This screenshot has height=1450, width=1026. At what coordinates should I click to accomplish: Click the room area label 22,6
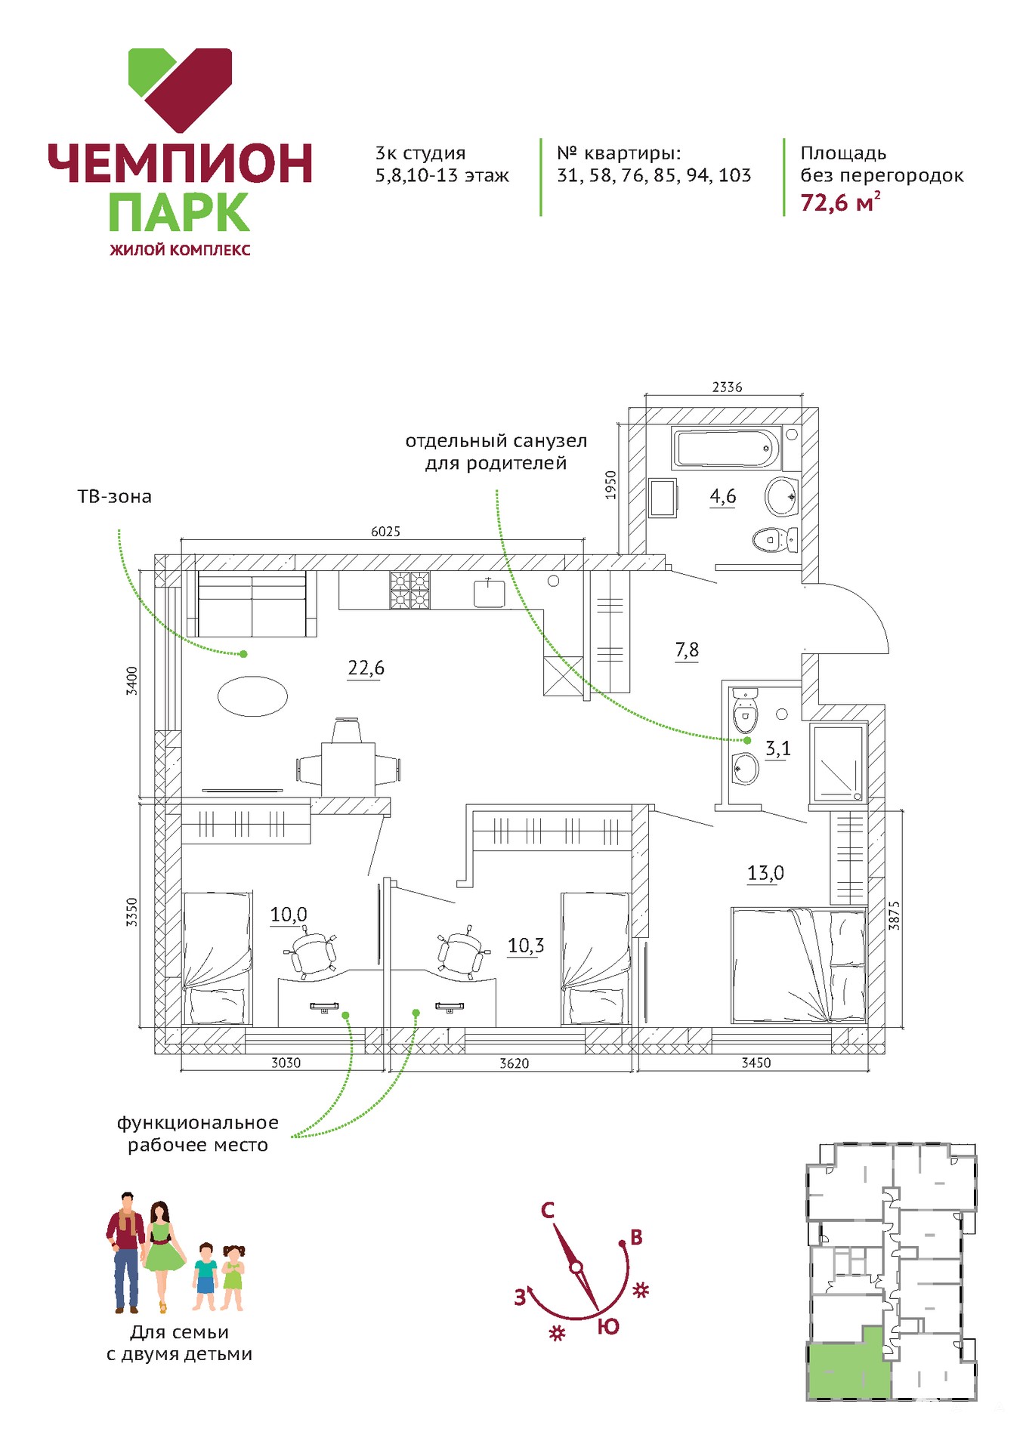[x=366, y=668]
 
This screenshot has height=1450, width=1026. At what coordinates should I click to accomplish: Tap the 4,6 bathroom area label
[x=722, y=496]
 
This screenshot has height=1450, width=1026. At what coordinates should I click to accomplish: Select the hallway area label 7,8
[x=687, y=649]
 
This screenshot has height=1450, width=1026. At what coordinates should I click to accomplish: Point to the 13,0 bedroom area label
[x=765, y=873]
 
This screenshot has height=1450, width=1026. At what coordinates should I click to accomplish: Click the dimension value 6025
[x=385, y=532]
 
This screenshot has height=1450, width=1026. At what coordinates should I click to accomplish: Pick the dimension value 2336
[x=727, y=387]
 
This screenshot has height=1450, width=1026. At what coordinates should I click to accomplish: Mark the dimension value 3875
[x=894, y=915]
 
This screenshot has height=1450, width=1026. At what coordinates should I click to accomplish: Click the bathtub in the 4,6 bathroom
[x=726, y=449]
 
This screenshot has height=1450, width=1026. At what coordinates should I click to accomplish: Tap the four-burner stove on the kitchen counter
[x=409, y=590]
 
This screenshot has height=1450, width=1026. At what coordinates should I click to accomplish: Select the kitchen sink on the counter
[x=490, y=593]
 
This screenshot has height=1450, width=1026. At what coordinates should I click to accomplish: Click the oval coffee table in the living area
[x=252, y=696]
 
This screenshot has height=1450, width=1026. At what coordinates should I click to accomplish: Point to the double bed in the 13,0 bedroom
[x=798, y=966]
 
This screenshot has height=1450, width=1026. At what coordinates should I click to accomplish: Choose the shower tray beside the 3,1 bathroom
[x=837, y=762]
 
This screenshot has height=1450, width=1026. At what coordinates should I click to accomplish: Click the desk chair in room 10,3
[x=460, y=953]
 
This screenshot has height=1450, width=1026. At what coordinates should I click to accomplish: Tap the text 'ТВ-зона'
[x=115, y=497]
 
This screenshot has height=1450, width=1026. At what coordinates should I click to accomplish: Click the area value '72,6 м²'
[x=840, y=202]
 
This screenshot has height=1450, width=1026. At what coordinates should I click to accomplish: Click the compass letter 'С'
[x=548, y=1211]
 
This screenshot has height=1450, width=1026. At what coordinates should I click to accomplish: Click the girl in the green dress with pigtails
[x=233, y=1277]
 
